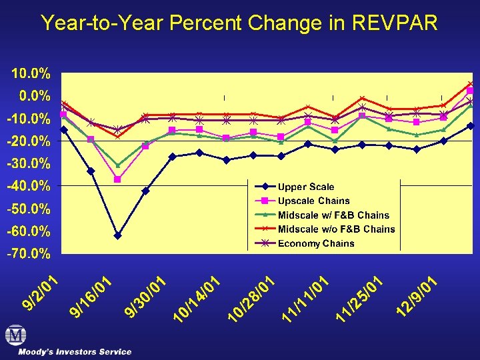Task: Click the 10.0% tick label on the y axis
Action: (27, 72)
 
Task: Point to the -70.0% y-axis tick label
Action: (27, 254)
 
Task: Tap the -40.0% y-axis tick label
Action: (27, 185)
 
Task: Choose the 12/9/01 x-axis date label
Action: (416, 297)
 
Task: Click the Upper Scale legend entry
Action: (306, 187)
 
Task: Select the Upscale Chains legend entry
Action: (313, 201)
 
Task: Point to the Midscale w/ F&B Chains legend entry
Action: (333, 215)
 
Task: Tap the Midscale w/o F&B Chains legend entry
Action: (336, 229)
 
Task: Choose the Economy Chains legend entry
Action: (316, 243)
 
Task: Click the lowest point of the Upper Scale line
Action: (118, 235)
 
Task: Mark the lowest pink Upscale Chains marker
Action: (118, 179)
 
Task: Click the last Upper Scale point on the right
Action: (471, 126)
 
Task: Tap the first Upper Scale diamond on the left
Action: (64, 130)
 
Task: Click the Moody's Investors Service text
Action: (75, 351)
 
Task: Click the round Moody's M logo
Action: (16, 335)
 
